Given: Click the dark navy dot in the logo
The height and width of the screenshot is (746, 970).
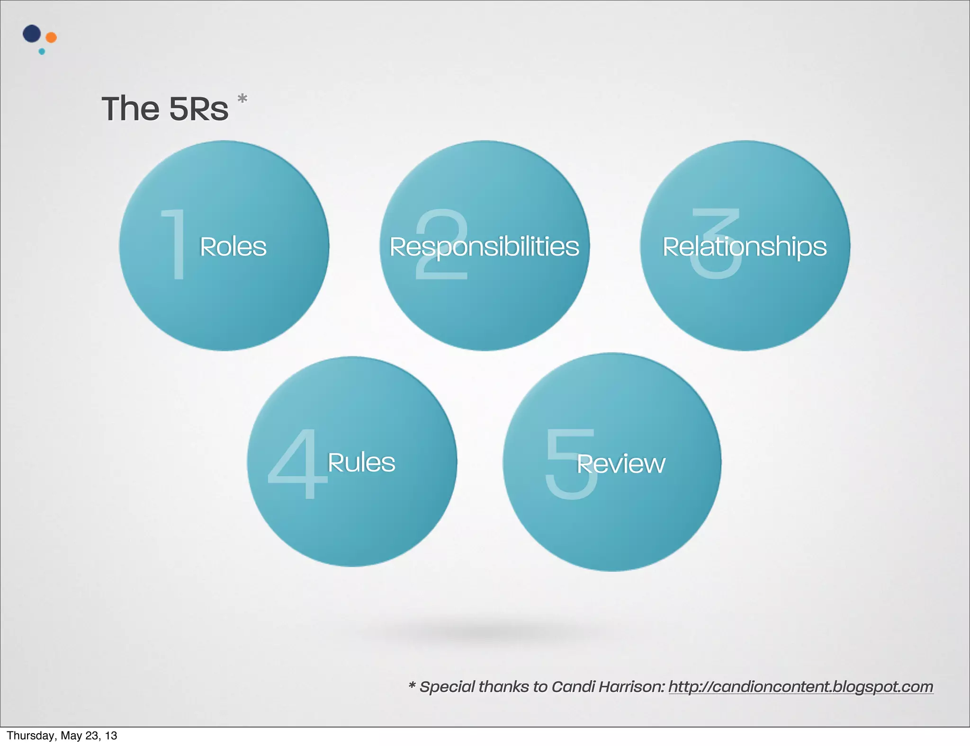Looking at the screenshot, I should pos(32,34).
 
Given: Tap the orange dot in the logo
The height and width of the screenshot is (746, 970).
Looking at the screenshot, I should pos(51,37).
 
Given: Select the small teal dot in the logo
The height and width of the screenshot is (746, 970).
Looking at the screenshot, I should pos(42,52).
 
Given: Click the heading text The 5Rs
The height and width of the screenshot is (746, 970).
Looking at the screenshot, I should pos(165,109).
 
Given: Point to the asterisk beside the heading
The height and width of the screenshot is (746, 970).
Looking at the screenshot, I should pos(242,99).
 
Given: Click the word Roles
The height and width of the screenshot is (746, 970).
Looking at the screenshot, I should pos(233,247).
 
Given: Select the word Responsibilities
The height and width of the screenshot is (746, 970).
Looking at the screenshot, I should pos(484,247).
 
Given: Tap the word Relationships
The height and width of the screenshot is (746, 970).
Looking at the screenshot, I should pos(745,247).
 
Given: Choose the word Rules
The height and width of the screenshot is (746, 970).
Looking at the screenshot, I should pos(361,462).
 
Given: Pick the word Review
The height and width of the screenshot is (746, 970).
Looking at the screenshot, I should pos(621,464).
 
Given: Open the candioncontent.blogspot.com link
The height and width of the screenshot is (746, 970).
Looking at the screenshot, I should pos(800,687).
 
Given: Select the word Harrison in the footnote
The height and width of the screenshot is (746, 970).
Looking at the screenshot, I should pos(632,687).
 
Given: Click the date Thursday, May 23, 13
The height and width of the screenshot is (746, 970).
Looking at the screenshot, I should pos(62,736).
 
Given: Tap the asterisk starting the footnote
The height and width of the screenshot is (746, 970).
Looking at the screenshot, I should pos(412,686).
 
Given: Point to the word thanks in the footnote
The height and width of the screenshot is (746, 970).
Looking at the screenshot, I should pos(502,687).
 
